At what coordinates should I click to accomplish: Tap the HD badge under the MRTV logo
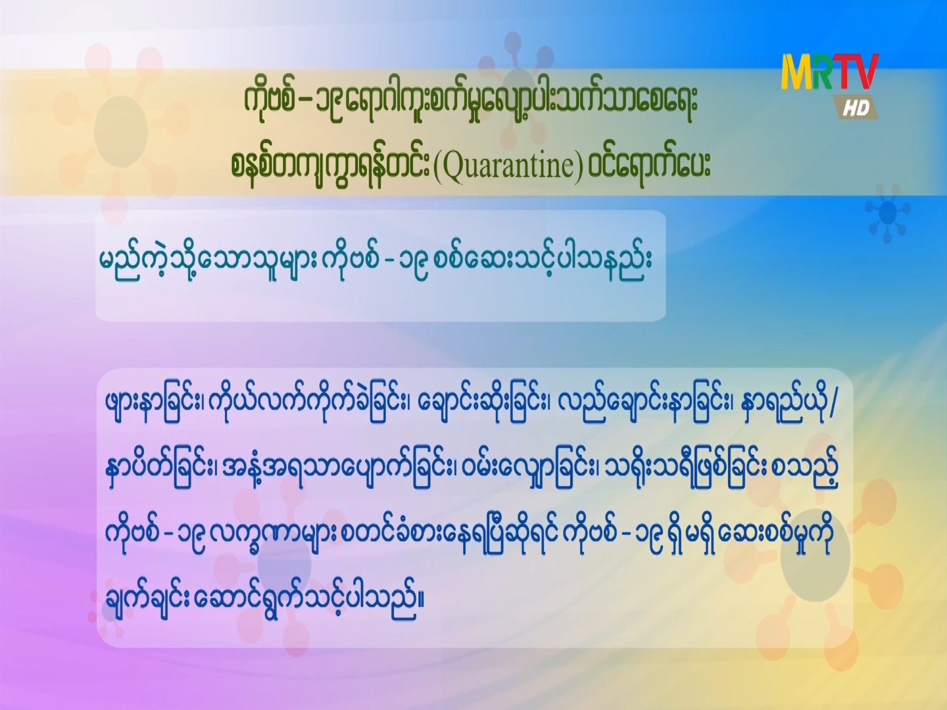857,107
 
